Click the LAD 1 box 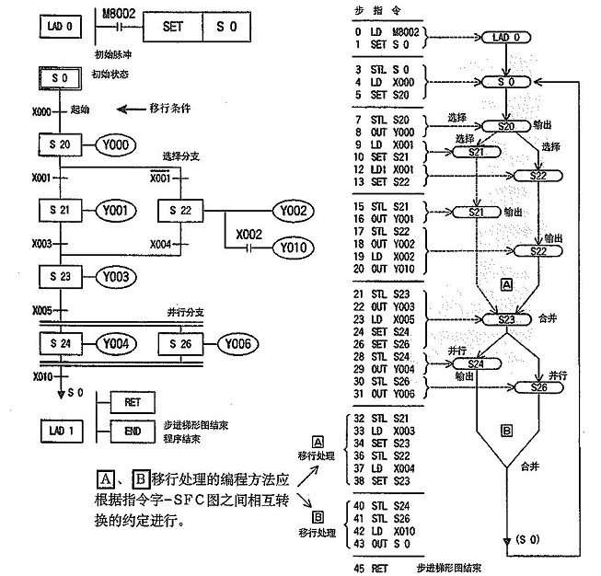click(62, 429)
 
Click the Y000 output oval click(117, 144)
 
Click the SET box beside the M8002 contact click(172, 27)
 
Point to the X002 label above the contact click(249, 233)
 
